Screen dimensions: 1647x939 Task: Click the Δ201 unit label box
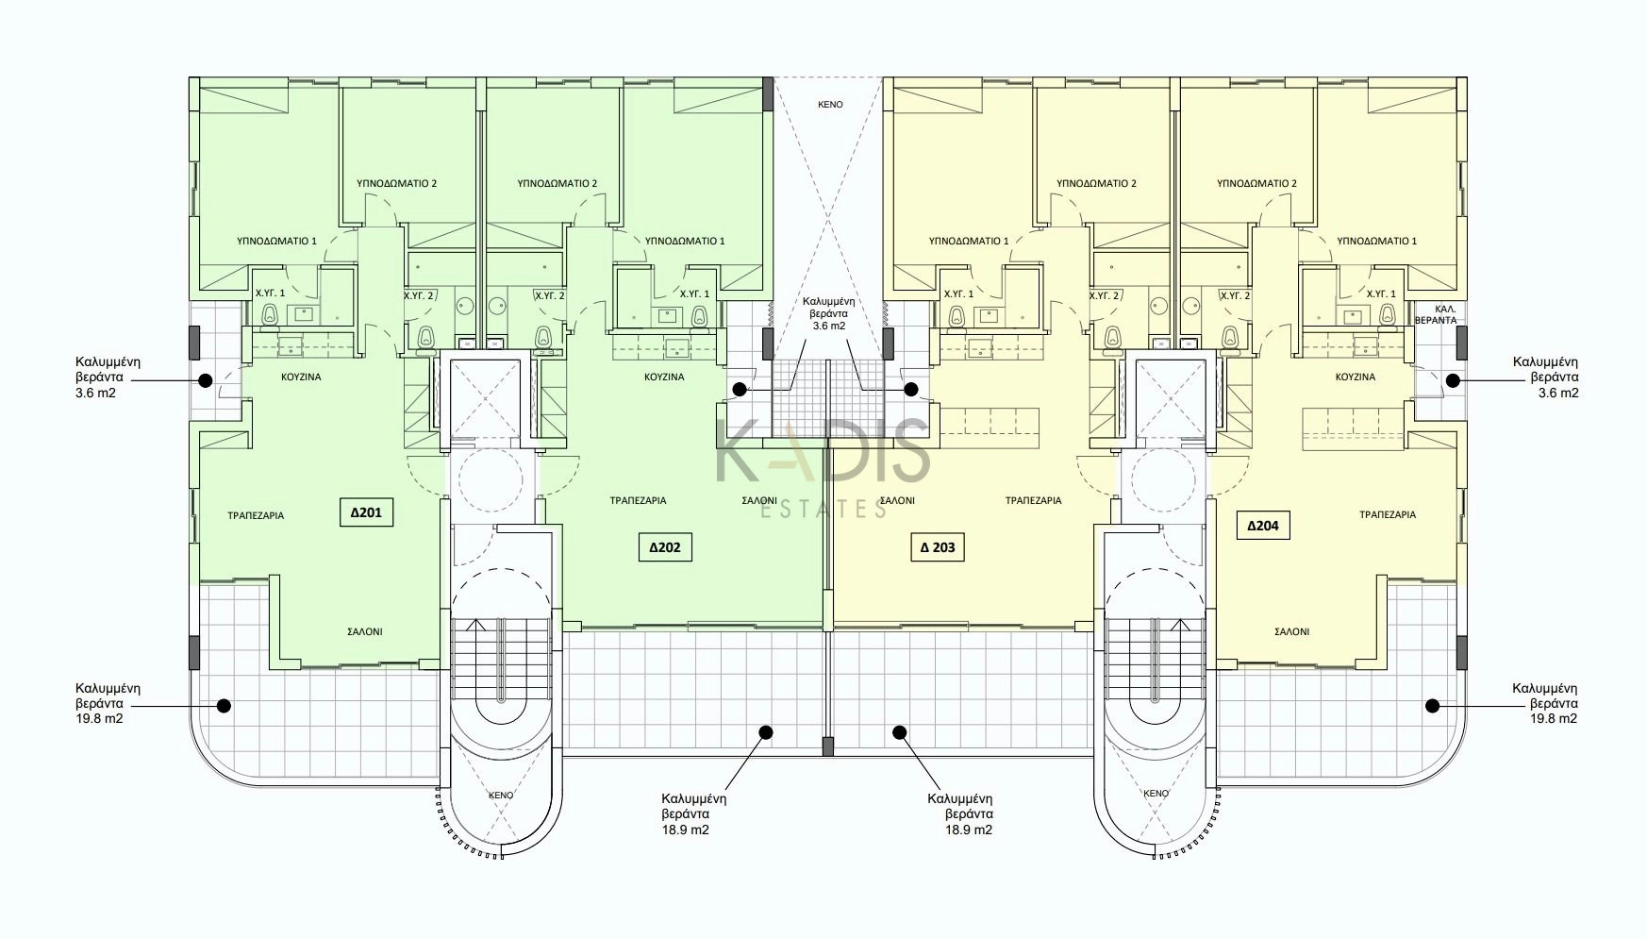pyautogui.click(x=366, y=512)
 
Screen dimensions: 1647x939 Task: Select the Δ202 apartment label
pyautogui.click(x=665, y=547)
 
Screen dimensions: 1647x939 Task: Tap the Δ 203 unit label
pyautogui.click(x=938, y=547)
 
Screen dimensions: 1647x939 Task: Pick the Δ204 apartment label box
pyautogui.click(x=1263, y=526)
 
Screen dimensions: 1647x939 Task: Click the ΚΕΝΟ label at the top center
pyautogui.click(x=829, y=105)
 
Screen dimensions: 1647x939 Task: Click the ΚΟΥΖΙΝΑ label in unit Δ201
pyautogui.click(x=301, y=377)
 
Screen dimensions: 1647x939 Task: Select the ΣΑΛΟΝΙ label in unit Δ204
pyautogui.click(x=1290, y=632)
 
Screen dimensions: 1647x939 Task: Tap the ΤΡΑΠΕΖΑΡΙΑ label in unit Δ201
pyautogui.click(x=256, y=516)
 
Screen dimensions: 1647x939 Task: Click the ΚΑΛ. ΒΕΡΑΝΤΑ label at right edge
pyautogui.click(x=1435, y=314)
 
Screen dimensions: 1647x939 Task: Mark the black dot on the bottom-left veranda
pyautogui.click(x=224, y=705)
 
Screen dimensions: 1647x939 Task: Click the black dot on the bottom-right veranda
pyautogui.click(x=1432, y=705)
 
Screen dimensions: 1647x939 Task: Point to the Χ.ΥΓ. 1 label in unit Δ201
pyautogui.click(x=270, y=293)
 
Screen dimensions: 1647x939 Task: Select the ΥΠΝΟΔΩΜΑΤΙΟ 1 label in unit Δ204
pyautogui.click(x=1376, y=242)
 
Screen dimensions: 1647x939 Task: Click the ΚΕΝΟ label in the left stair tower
pyautogui.click(x=501, y=796)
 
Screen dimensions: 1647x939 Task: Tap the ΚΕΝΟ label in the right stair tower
pyautogui.click(x=1156, y=794)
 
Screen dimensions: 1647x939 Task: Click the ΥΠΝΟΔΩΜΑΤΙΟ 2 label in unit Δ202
pyautogui.click(x=557, y=184)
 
